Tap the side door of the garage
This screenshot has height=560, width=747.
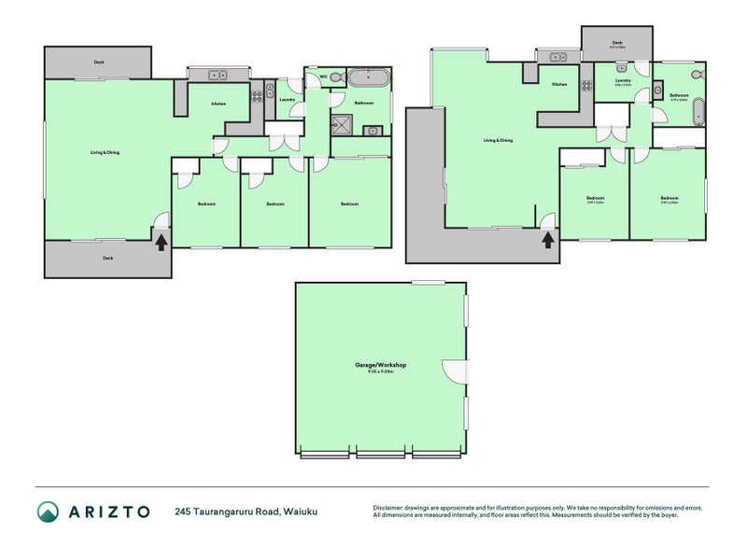click(x=454, y=371)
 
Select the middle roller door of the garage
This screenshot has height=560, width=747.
click(x=381, y=455)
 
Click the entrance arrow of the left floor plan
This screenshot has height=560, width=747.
click(x=161, y=242)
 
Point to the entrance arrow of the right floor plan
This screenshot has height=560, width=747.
click(x=547, y=238)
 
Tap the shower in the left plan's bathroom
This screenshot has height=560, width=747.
click(x=343, y=122)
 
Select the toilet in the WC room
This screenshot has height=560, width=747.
click(x=335, y=78)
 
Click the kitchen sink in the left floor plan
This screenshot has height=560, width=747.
click(x=218, y=75)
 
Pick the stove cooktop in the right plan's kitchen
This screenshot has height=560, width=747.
click(x=586, y=87)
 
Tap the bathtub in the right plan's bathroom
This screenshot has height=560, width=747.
click(x=697, y=112)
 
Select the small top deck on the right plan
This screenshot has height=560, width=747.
click(x=617, y=43)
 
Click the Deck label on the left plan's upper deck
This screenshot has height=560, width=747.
click(x=99, y=63)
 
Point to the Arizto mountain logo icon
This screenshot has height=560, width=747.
click(x=48, y=511)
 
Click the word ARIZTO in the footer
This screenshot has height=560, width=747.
click(x=106, y=511)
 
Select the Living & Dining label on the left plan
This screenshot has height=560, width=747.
click(x=105, y=152)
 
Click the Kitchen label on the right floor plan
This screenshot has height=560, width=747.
click(x=559, y=85)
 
